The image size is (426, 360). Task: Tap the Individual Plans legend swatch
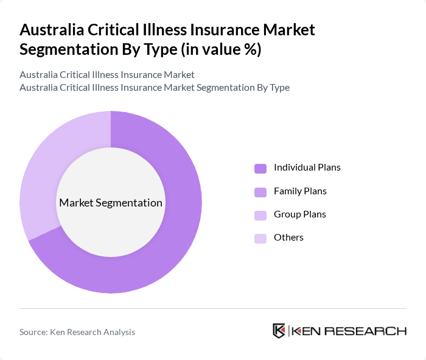click(260, 168)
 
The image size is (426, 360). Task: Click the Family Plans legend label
click(300, 191)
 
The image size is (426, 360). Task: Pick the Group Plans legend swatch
click(260, 215)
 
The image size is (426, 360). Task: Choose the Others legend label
click(288, 237)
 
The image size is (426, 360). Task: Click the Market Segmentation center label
click(110, 203)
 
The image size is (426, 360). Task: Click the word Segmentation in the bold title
click(64, 49)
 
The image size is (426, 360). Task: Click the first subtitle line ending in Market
click(107, 74)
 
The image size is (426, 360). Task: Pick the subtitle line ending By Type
click(155, 87)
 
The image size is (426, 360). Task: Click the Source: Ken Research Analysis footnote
click(77, 332)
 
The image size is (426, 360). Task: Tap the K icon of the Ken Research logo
click(279, 331)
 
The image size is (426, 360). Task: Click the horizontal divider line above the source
click(213, 308)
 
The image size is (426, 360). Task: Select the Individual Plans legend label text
click(307, 167)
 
